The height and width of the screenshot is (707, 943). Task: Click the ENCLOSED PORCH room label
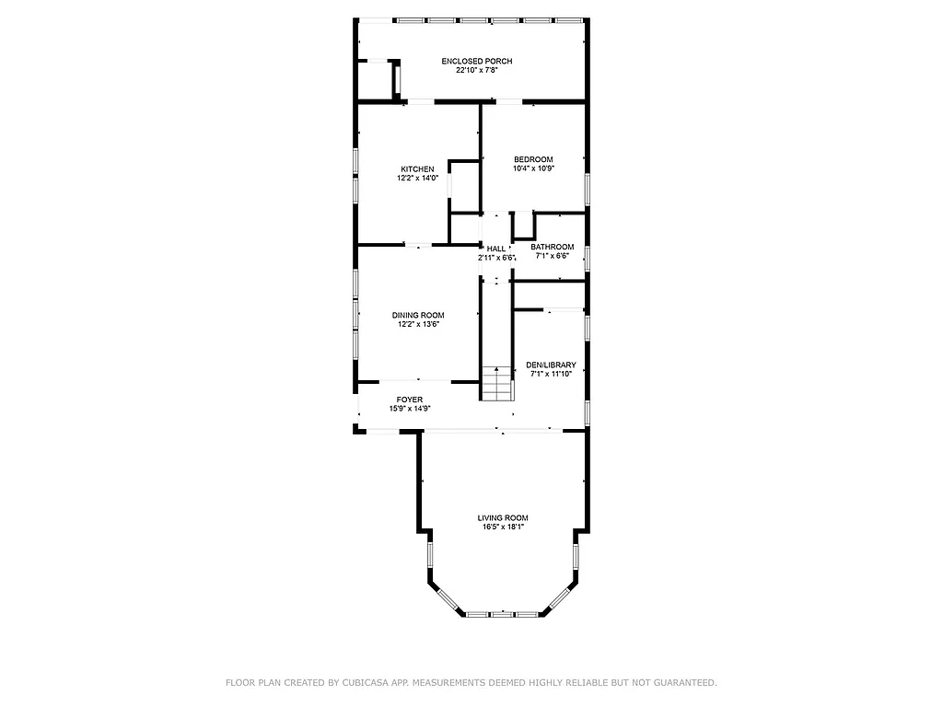(476, 62)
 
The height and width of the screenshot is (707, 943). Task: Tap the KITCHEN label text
(417, 169)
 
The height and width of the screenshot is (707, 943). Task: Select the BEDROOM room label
(533, 159)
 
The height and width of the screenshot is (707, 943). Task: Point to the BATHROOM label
(552, 247)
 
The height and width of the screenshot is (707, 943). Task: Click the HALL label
(496, 249)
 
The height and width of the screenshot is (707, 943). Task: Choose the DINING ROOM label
(417, 316)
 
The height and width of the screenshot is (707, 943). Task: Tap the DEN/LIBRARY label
(551, 365)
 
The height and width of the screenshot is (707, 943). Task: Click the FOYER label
(410, 400)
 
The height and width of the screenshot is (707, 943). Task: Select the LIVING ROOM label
(502, 518)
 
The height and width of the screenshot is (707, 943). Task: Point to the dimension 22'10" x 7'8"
(476, 71)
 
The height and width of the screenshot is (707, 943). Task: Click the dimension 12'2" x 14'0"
(417, 179)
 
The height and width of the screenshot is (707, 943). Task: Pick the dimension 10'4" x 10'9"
(533, 168)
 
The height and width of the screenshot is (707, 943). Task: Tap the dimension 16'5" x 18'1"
(502, 527)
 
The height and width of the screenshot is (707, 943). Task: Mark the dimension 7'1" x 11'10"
(551, 375)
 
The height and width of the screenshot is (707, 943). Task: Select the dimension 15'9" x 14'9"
(410, 409)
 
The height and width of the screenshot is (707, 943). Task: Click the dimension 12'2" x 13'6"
(417, 325)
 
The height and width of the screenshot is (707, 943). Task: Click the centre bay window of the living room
(502, 613)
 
